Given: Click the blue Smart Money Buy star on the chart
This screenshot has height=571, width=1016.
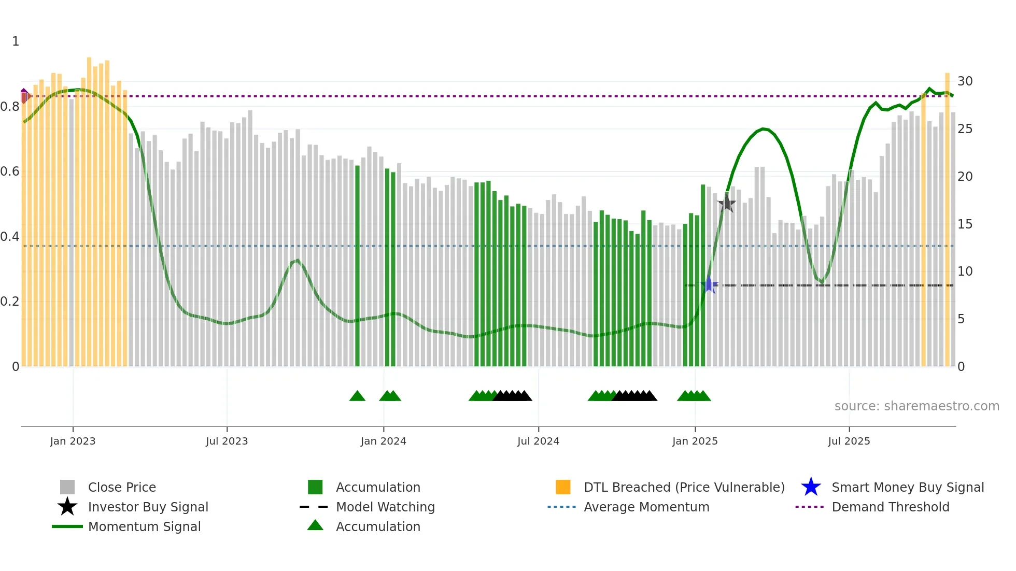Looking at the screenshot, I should [709, 285].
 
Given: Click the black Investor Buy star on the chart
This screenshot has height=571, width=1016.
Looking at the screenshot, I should [727, 203].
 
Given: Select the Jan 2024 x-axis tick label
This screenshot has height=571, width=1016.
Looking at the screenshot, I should [384, 441].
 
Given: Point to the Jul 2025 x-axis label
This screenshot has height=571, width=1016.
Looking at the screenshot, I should [849, 441].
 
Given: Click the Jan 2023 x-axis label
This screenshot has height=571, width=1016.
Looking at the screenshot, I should [73, 441].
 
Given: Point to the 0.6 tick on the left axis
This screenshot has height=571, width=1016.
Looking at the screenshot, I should [10, 172].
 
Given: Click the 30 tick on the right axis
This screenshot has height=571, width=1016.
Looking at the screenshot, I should [965, 81].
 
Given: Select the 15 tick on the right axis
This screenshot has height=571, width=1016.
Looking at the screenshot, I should [965, 224].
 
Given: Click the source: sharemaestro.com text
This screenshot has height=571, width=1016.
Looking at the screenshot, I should [916, 406].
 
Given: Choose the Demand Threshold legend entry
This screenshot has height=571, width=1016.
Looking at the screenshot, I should [890, 507].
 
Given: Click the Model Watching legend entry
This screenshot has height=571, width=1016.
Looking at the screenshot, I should [385, 507].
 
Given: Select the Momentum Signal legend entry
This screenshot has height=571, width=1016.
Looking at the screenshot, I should [144, 526].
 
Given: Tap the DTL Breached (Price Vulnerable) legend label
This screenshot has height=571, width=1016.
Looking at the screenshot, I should [684, 487].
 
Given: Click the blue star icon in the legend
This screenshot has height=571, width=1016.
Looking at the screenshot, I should [811, 487].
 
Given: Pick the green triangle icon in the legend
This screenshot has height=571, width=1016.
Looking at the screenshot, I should [315, 526].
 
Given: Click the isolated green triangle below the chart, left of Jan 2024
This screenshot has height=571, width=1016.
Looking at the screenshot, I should [357, 396].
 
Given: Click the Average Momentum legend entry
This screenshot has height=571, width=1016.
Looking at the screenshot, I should [646, 507].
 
